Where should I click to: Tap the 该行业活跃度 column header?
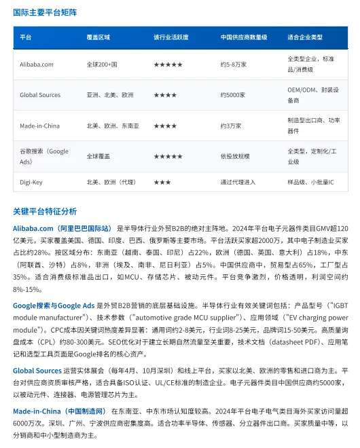(x=170, y=37)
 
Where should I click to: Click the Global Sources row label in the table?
(x=40, y=95)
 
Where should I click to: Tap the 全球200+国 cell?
(x=102, y=64)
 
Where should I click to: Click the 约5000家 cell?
(x=234, y=95)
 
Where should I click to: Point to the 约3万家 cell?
(x=232, y=126)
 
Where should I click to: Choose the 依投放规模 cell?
(x=236, y=156)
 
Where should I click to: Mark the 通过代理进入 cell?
(x=239, y=182)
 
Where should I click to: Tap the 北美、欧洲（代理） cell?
(x=111, y=182)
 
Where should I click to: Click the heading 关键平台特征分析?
(x=45, y=211)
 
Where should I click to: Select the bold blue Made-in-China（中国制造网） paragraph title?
(x=60, y=411)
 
